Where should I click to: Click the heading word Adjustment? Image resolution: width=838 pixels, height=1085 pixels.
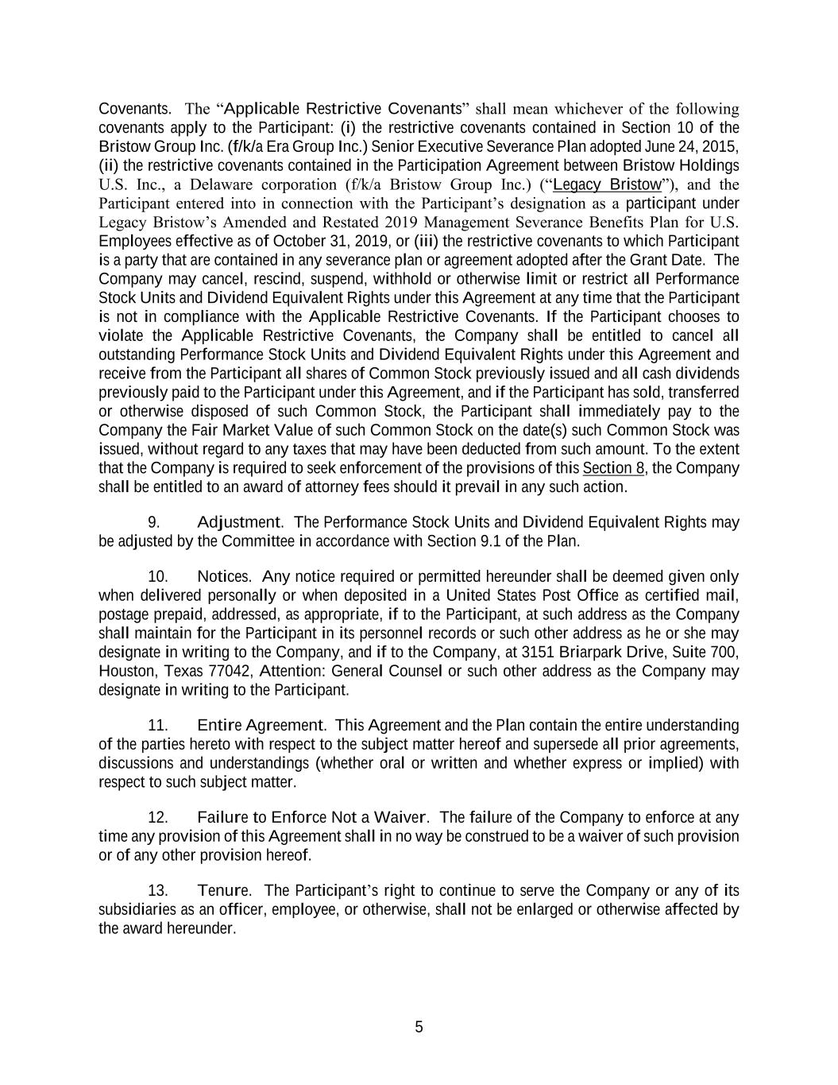point(238,522)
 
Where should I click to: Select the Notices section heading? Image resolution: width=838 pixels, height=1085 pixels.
point(223,576)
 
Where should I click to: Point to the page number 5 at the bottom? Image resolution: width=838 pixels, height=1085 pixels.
point(419,1027)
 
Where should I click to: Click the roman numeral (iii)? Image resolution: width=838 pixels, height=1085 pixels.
point(426,242)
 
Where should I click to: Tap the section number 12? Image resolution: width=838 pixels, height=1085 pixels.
point(158,818)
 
